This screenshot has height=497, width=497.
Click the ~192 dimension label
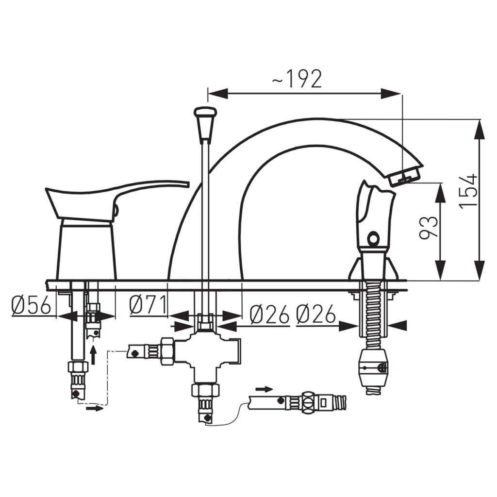click(x=297, y=79)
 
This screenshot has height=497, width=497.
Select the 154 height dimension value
click(x=468, y=190)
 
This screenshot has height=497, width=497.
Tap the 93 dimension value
click(x=429, y=227)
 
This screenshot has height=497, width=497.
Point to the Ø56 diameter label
click(x=31, y=306)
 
